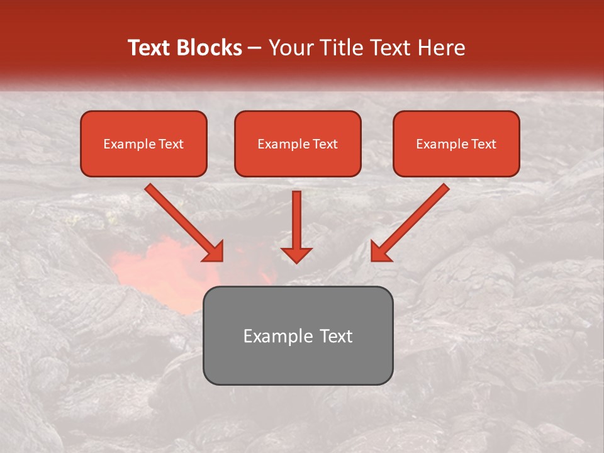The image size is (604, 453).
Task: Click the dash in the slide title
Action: pyautogui.click(x=255, y=48)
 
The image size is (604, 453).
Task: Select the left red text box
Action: pyautogui.click(x=143, y=160)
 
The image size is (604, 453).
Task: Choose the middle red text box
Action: pyautogui.click(x=298, y=160)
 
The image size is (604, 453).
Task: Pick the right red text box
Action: pyautogui.click(x=456, y=160)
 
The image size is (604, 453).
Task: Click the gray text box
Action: pyautogui.click(x=298, y=362)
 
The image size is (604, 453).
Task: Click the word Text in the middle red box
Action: pyautogui.click(x=325, y=144)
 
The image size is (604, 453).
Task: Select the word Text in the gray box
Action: pyautogui.click(x=336, y=336)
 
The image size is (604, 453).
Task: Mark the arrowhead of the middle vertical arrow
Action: pyautogui.click(x=296, y=255)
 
